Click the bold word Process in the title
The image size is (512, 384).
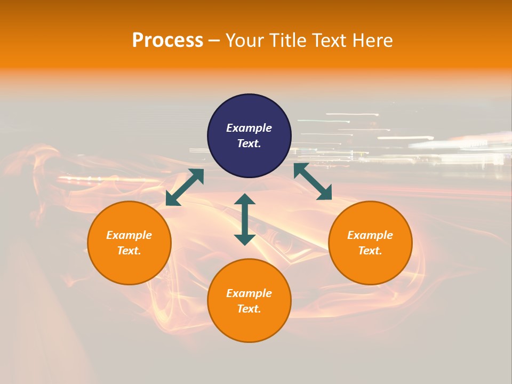click(167, 41)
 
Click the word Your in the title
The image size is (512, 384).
click(246, 41)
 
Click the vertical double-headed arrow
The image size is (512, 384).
click(245, 220)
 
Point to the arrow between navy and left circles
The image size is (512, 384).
click(185, 187)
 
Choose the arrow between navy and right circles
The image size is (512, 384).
click(313, 181)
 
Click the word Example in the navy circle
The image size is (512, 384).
click(249, 128)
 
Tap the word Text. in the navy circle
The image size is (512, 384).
click(249, 143)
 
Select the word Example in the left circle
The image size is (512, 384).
click(129, 235)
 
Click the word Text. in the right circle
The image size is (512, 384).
click(370, 251)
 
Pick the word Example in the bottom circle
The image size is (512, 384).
click(249, 293)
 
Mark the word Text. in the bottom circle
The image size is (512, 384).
click(249, 309)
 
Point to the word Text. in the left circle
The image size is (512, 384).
click(129, 251)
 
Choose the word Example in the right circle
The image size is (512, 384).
click(370, 235)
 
